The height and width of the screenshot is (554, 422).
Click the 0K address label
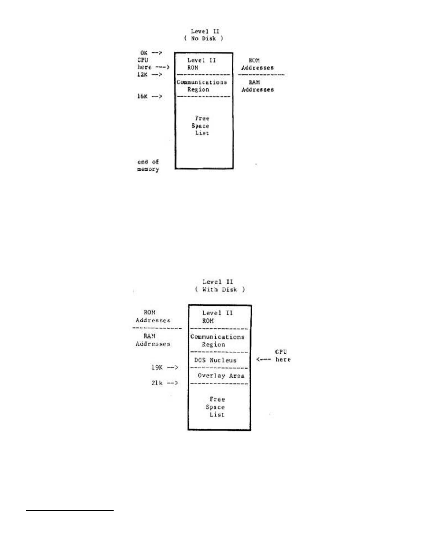click(144, 53)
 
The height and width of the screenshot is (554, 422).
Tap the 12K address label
click(143, 75)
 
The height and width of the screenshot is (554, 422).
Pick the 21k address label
click(157, 383)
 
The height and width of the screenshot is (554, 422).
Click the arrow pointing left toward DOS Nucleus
click(264, 359)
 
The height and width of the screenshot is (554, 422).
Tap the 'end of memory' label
click(148, 166)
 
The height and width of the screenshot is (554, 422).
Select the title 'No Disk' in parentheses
click(204, 38)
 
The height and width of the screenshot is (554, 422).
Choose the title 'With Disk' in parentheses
click(220, 289)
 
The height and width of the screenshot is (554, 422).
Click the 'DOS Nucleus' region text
click(215, 360)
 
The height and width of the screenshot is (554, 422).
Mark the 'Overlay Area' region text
click(221, 376)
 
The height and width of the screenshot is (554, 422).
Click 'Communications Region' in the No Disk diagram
click(201, 86)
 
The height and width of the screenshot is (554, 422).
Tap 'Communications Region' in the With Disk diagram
click(217, 340)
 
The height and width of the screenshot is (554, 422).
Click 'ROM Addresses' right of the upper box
click(257, 64)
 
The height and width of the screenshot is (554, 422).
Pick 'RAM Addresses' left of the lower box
click(153, 340)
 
